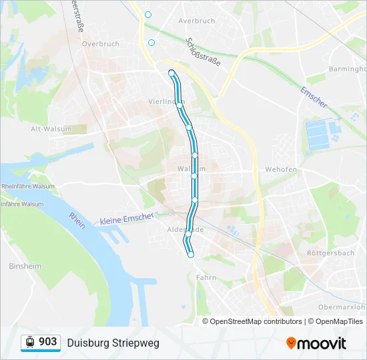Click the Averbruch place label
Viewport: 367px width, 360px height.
tap(196, 21)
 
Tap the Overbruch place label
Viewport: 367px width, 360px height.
tap(100, 44)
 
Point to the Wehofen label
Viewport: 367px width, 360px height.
tap(281, 169)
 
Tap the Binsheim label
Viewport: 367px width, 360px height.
tap(25, 267)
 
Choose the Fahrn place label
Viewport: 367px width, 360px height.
tap(206, 277)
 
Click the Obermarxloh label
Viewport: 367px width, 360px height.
tap(342, 307)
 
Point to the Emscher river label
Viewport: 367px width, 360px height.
tap(314, 97)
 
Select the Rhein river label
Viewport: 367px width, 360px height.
tap(77, 221)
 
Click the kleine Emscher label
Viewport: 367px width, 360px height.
tap(127, 219)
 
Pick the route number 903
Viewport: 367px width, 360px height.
tap(48, 342)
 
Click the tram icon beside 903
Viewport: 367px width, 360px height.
tap(30, 342)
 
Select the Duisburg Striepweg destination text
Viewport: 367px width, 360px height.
tap(113, 343)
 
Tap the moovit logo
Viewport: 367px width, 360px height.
tap(316, 343)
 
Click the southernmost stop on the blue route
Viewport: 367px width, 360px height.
tap(191, 255)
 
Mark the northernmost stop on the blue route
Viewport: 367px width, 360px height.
tap(171, 73)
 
